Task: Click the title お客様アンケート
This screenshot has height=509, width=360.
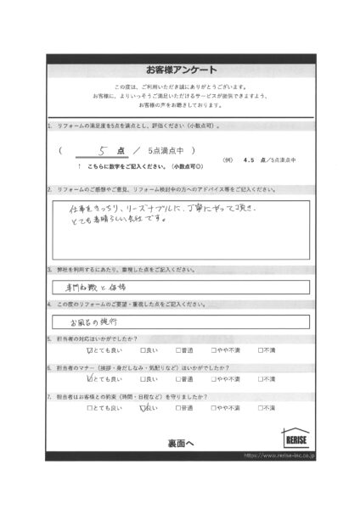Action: (181, 70)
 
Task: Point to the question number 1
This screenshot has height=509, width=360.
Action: (50, 126)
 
